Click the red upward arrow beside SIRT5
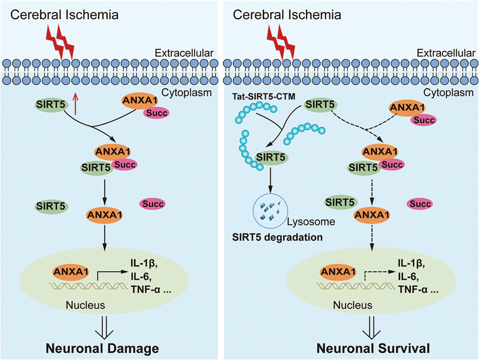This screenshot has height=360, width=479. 75,104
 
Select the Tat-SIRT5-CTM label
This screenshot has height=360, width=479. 263,96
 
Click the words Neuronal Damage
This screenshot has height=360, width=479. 102,349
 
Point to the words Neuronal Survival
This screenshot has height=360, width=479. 373,349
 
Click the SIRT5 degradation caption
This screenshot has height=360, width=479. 277,237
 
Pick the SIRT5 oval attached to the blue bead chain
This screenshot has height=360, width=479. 271,158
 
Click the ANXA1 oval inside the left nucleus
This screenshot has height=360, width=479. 71,272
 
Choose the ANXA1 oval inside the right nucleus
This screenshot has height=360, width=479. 338,272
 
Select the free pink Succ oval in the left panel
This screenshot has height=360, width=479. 153,204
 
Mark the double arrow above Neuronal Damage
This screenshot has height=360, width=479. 104,328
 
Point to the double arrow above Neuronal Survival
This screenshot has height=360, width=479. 371,328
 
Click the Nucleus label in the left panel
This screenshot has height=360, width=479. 85,305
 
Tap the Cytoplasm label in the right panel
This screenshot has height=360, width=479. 448,92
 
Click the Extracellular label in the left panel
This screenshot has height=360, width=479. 184,53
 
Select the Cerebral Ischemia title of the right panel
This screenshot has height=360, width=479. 287,14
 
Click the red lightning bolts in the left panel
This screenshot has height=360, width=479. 60,42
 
